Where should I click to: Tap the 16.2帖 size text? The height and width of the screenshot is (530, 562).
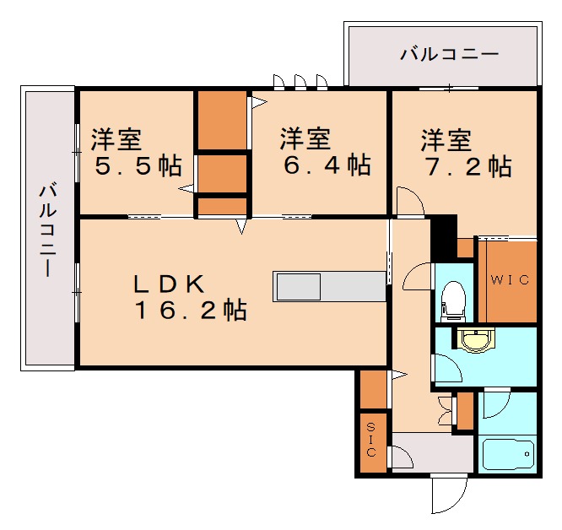(191, 311)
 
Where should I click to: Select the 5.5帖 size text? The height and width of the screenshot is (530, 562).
(138, 165)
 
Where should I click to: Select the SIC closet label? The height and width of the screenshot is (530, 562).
(372, 439)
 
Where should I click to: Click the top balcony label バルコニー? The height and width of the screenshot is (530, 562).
(449, 56)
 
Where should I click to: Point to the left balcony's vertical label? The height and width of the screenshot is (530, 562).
(47, 228)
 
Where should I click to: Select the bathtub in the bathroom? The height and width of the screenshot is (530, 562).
(507, 456)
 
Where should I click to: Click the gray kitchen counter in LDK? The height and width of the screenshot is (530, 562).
(329, 286)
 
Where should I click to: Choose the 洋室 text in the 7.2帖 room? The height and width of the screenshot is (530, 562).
(446, 138)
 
